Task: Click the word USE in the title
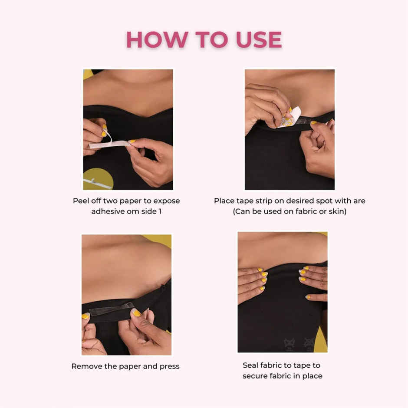[x=259, y=40]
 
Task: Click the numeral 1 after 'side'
[x=159, y=212]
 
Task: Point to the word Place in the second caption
[x=224, y=201]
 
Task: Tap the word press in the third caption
[x=169, y=366]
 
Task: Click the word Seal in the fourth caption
[x=251, y=365]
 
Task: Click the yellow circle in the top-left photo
[x=98, y=178]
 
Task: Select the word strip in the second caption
[x=271, y=201]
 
